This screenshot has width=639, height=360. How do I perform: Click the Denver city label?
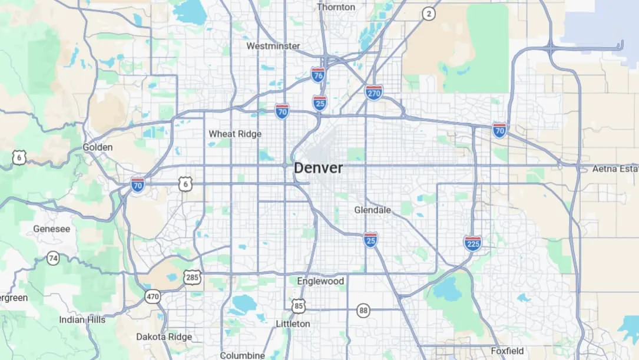point(318,168)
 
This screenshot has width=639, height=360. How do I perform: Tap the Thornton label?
point(336,7)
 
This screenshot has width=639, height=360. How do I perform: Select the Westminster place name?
point(273,46)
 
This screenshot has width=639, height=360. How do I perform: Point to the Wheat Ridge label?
point(235,134)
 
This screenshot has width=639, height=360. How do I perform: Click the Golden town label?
point(97,147)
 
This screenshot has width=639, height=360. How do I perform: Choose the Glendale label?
point(372,210)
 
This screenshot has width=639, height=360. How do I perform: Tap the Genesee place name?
point(52,229)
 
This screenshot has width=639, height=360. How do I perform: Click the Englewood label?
point(320,281)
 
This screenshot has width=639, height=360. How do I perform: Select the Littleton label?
point(293,323)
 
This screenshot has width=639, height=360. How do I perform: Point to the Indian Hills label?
point(82,319)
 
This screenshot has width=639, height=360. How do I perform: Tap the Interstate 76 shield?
point(318,74)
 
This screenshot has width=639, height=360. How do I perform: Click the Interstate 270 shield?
point(374,93)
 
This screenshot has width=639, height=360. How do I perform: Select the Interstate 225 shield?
point(472,243)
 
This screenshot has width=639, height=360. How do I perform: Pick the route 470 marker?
point(153,296)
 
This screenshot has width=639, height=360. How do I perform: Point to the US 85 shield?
point(299,305)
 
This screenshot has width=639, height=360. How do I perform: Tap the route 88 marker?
point(363,311)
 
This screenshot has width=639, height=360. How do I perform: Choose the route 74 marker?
point(54,258)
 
